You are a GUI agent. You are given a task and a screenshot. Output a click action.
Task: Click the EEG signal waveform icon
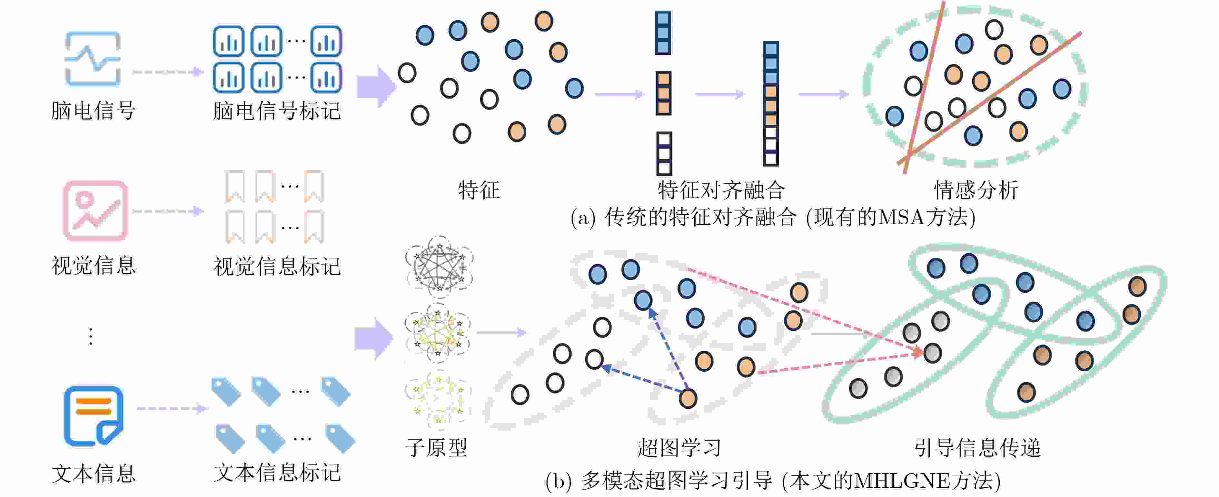[93, 59]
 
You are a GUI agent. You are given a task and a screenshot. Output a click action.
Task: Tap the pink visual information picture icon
[95, 211]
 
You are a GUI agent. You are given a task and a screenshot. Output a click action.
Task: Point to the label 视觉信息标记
[277, 266]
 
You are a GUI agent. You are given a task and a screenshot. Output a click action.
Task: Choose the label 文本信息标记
[277, 473]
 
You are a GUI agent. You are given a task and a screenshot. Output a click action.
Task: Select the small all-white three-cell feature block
[664, 154]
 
